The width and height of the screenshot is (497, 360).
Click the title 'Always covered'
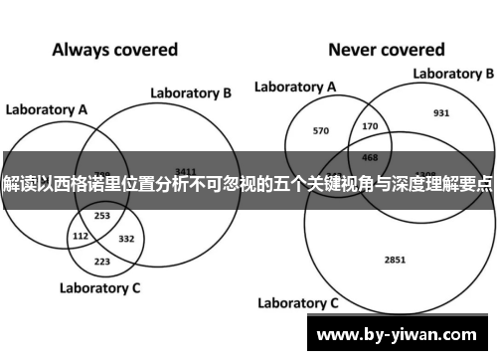point(114,49)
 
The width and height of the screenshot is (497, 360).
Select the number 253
point(101,215)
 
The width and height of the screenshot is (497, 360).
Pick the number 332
point(125,238)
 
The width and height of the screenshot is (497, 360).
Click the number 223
point(101,261)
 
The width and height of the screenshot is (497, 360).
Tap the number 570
point(321,130)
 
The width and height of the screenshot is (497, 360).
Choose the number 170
point(370,126)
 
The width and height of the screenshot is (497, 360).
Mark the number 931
point(441,112)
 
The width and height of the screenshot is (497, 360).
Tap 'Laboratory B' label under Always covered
point(191,92)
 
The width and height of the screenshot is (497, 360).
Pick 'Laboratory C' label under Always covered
point(99,289)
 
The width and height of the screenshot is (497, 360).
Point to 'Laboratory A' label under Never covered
point(294,87)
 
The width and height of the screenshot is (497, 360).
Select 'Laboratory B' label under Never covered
point(453,73)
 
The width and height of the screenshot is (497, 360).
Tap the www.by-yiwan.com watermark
point(401,333)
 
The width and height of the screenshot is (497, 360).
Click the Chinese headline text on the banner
point(248,185)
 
